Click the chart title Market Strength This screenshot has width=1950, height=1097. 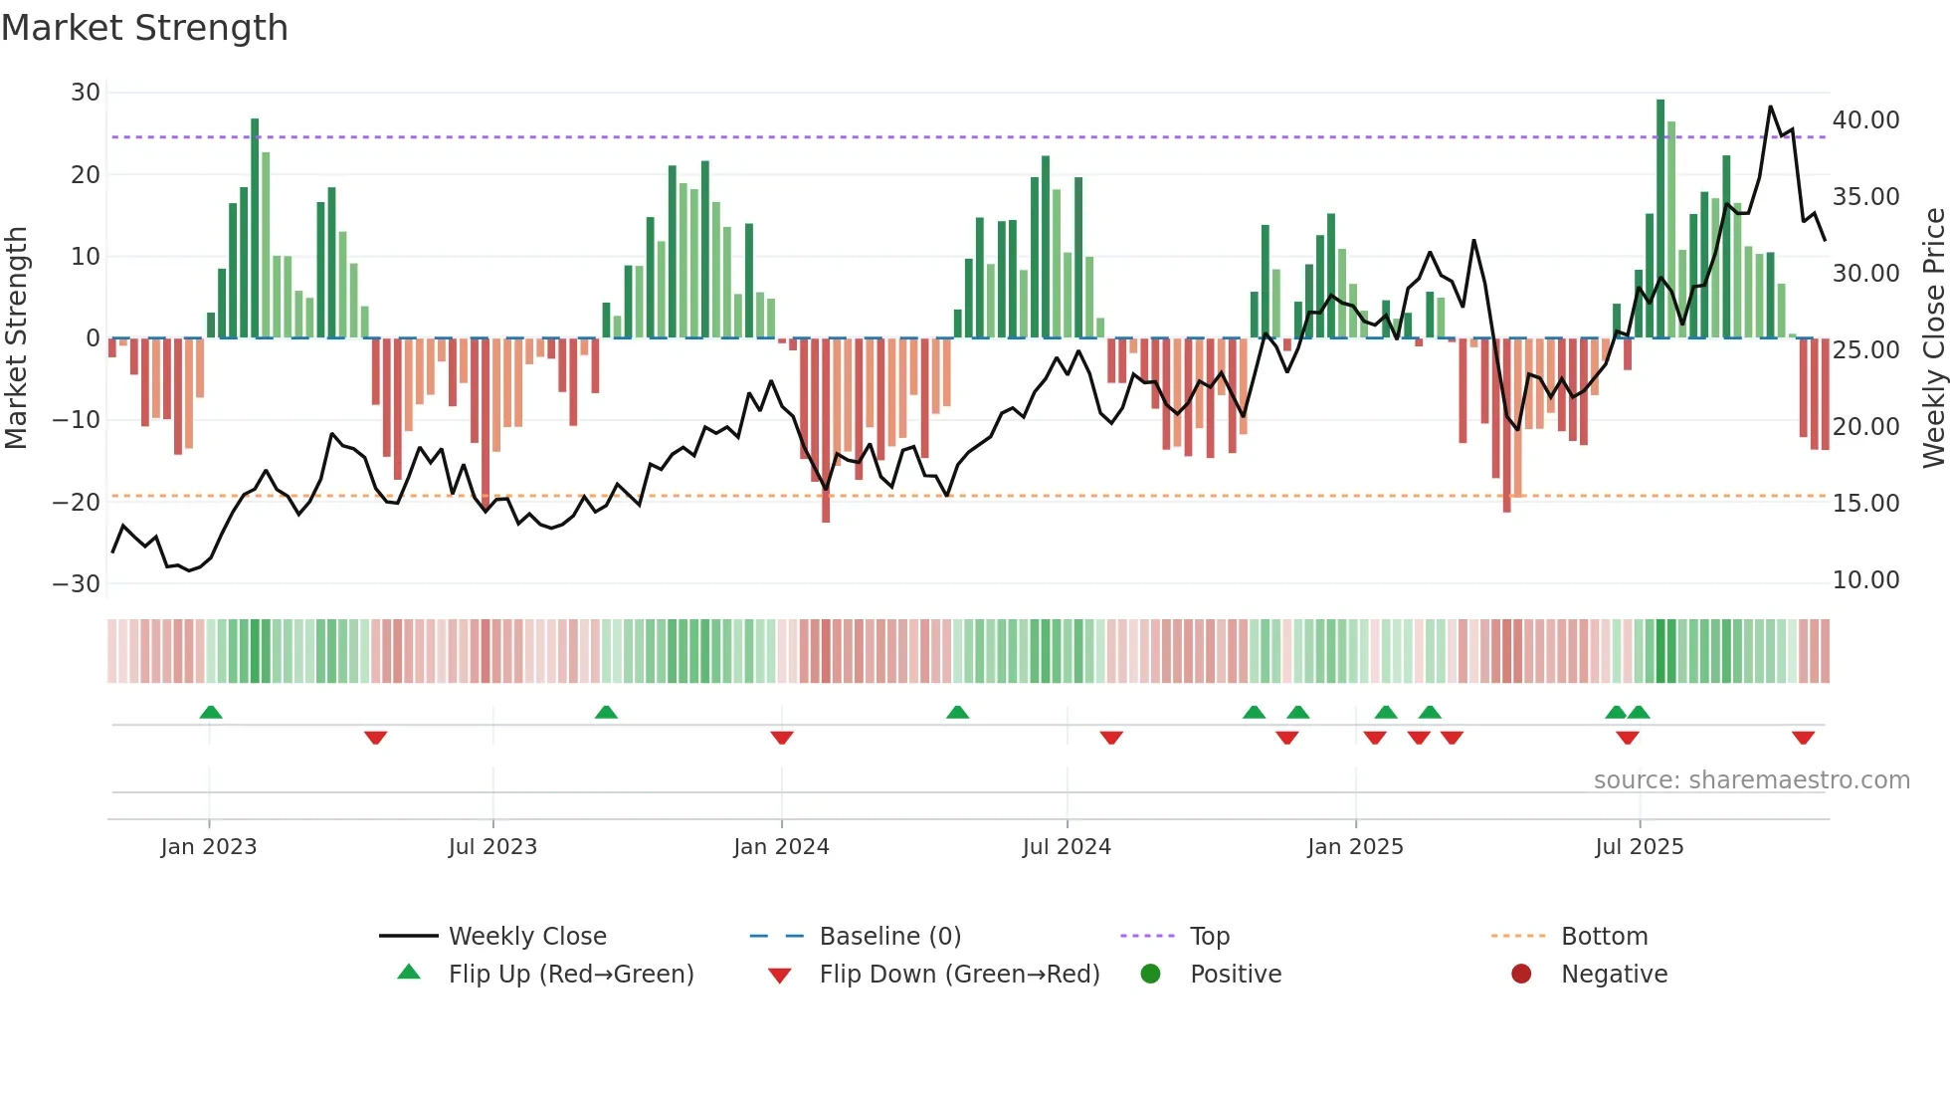[x=144, y=28]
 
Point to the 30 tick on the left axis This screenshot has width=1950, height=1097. [x=86, y=93]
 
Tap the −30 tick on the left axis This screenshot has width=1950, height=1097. [x=78, y=584]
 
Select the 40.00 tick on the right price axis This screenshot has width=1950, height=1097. [x=1865, y=120]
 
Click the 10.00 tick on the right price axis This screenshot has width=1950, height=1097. [x=1865, y=580]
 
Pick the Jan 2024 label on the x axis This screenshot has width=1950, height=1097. [x=781, y=847]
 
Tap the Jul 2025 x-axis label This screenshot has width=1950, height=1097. [x=1639, y=847]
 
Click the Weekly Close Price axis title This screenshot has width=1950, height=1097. [x=1933, y=338]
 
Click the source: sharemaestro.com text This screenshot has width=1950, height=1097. [x=1751, y=780]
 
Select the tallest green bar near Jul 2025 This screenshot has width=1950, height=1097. [x=1660, y=219]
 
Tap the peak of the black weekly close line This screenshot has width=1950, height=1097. [x=1770, y=107]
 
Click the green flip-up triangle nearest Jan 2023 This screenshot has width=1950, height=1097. [x=210, y=712]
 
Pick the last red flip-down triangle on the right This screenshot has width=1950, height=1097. [x=1803, y=738]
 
